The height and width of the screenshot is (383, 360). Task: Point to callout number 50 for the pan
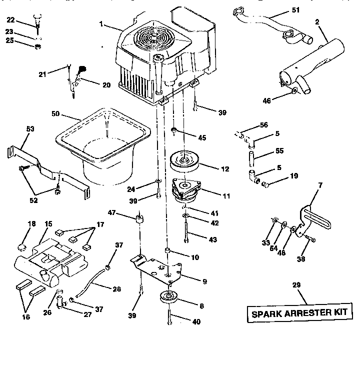click(x=55, y=114)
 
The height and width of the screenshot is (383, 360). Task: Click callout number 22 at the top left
click(x=10, y=19)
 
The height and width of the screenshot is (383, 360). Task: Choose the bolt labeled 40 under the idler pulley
click(x=170, y=316)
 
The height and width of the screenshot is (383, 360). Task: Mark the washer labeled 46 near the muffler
click(x=294, y=90)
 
